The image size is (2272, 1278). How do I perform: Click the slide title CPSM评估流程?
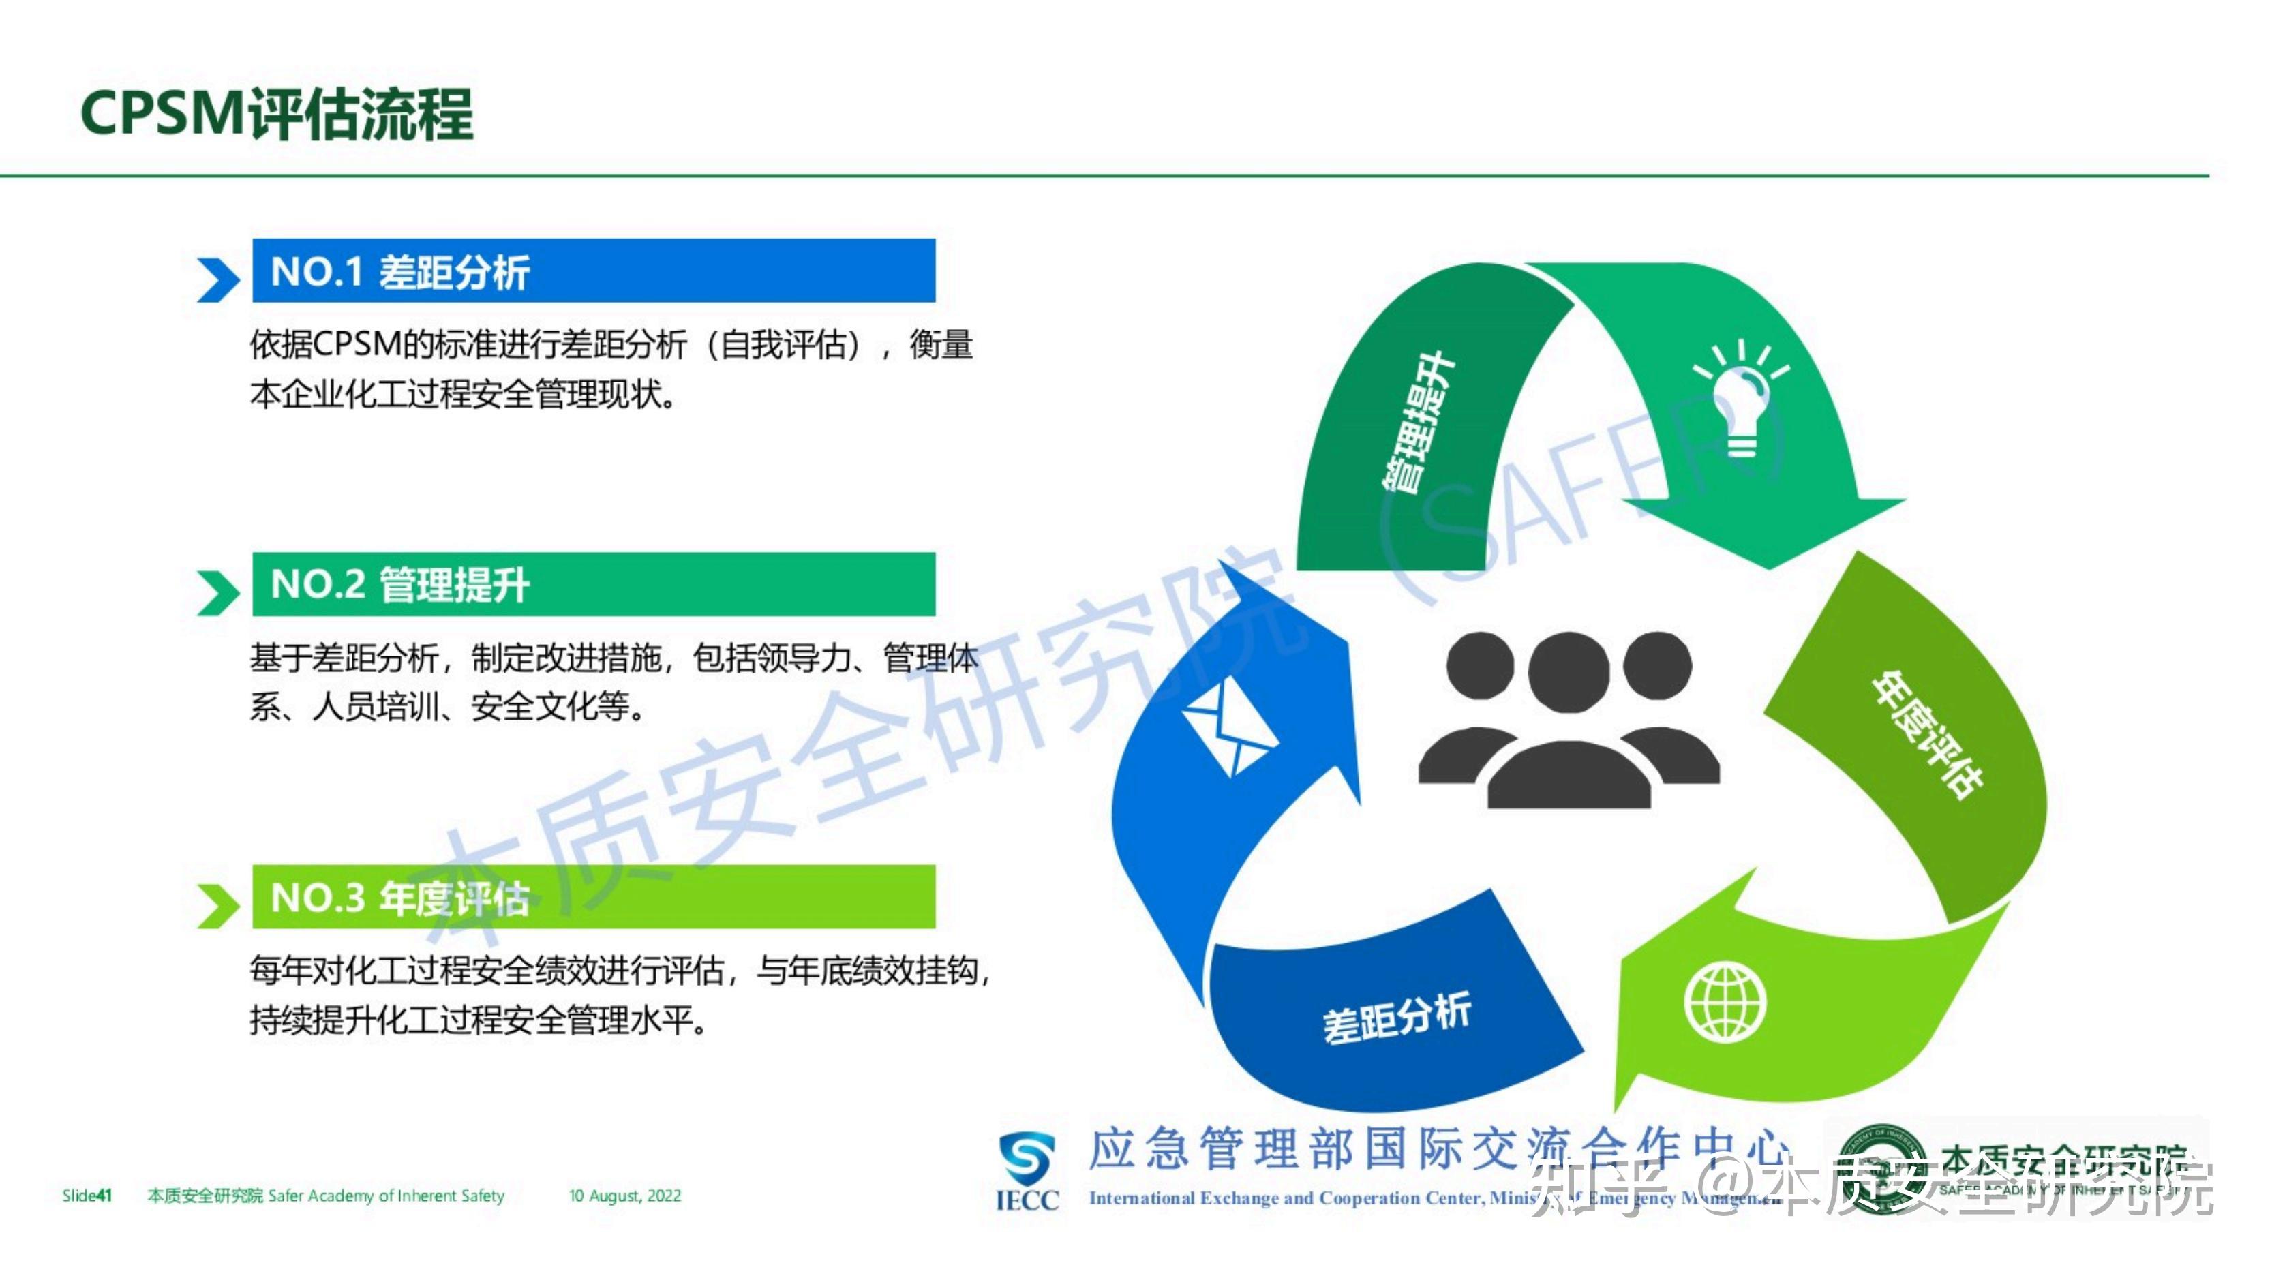[x=277, y=114]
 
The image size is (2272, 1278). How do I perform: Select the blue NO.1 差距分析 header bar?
[x=592, y=271]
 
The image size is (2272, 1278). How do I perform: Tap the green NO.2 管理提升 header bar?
[x=592, y=584]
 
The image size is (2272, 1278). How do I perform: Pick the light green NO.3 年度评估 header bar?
[x=592, y=897]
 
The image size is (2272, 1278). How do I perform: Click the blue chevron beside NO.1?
[x=217, y=280]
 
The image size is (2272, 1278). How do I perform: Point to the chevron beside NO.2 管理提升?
[x=217, y=593]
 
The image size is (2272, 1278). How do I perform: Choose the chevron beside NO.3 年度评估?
[x=217, y=906]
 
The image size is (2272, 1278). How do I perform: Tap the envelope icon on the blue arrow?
[x=1228, y=728]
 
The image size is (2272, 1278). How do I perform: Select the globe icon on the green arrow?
[x=1725, y=1003]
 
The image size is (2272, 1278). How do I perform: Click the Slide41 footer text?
[x=87, y=1196]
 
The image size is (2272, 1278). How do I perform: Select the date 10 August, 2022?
[x=624, y=1196]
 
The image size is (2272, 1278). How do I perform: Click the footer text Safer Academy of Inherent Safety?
[x=387, y=1196]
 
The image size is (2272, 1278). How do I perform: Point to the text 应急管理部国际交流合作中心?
[x=1438, y=1150]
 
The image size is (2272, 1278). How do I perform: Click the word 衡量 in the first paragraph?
[x=941, y=345]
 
